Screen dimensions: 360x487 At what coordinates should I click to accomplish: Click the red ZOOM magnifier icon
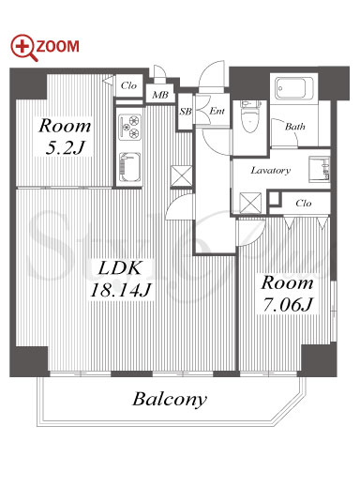click(x=24, y=47)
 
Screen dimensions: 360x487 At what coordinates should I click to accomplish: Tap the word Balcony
click(x=170, y=400)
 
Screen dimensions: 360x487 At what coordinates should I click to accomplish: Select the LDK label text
click(x=119, y=268)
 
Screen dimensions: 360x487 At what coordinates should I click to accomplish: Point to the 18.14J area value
click(x=121, y=290)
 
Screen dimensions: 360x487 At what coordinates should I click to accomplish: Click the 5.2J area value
click(x=65, y=147)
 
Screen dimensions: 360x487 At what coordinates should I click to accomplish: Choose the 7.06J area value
click(x=288, y=304)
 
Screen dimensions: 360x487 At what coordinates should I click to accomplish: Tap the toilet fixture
click(x=250, y=116)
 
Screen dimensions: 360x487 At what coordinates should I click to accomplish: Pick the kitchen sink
click(x=129, y=167)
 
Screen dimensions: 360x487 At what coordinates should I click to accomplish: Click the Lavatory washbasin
click(x=319, y=168)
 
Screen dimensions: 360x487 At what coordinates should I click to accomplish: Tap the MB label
click(x=160, y=95)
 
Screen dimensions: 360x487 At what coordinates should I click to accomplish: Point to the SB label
click(x=186, y=112)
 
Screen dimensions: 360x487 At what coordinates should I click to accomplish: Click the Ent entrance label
click(x=217, y=111)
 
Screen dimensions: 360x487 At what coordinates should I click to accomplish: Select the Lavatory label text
click(x=271, y=170)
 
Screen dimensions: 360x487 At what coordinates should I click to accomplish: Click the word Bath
click(x=295, y=127)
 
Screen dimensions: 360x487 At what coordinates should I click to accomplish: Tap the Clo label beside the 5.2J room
click(x=128, y=85)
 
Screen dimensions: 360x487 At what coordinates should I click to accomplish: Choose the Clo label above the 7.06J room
click(x=304, y=204)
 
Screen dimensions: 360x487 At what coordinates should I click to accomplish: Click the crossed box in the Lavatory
click(x=250, y=203)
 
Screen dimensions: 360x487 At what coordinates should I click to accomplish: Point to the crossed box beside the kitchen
click(x=182, y=176)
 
